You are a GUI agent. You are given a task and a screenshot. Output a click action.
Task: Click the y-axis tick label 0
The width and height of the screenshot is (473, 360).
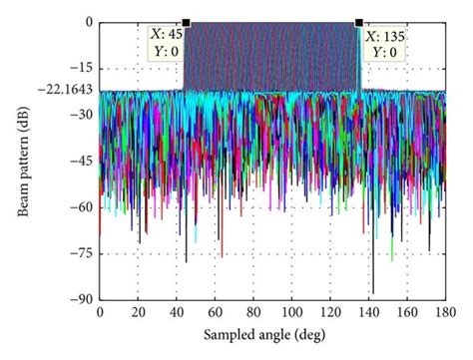point(89,23)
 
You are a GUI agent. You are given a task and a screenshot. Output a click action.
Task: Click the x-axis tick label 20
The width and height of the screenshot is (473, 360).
point(138,312)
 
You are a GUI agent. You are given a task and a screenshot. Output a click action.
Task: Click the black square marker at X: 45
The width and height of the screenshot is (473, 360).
point(186,23)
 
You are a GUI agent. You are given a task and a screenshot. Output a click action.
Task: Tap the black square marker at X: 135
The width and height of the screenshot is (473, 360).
point(358,23)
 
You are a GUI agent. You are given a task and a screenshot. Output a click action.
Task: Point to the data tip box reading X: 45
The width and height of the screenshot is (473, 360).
point(164,45)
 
